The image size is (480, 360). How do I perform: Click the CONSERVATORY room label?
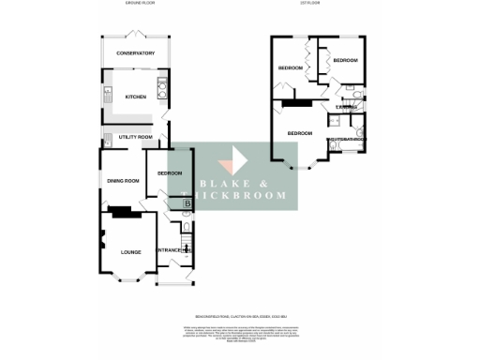(x=136, y=53)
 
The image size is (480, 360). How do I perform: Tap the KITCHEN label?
(x=136, y=97)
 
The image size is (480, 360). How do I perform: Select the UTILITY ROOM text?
(x=136, y=138)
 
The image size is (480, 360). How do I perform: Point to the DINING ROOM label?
(x=123, y=180)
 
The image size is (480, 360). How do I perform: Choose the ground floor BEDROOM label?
(x=170, y=174)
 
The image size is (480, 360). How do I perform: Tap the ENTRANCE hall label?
(x=172, y=249)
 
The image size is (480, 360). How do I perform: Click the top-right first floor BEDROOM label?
(x=346, y=60)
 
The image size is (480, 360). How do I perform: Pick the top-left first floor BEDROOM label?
(x=290, y=69)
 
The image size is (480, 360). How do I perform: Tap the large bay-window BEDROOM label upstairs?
(x=300, y=133)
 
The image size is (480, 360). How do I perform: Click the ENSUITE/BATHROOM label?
(x=347, y=140)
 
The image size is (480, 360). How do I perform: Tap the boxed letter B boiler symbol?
(x=187, y=203)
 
